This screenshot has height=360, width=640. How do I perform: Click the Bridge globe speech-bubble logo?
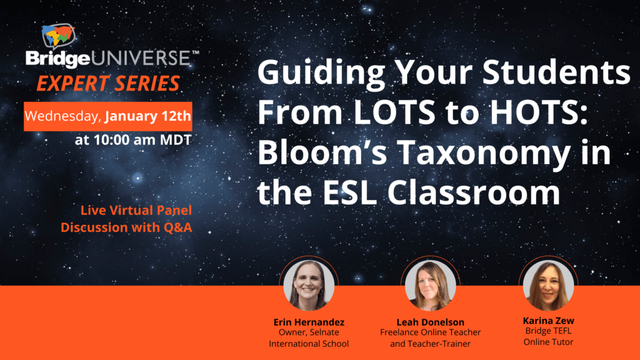58,36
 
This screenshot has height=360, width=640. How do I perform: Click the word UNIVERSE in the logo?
141,58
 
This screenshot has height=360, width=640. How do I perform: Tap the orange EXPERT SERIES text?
108,83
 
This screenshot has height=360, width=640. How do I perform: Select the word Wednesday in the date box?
62,116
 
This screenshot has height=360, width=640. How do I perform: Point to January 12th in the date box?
147,116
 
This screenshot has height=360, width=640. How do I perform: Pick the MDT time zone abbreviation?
176,140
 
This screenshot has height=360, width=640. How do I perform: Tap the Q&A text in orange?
177,227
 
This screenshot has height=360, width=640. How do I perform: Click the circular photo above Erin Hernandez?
309,285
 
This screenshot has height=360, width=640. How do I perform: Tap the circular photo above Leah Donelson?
430,285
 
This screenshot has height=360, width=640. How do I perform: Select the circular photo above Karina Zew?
548,284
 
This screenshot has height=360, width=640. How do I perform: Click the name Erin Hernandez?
309,322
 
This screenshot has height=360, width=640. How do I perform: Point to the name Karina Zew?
549,321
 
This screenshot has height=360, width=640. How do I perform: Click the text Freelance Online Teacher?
430,332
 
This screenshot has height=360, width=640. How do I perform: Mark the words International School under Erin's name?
309,344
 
